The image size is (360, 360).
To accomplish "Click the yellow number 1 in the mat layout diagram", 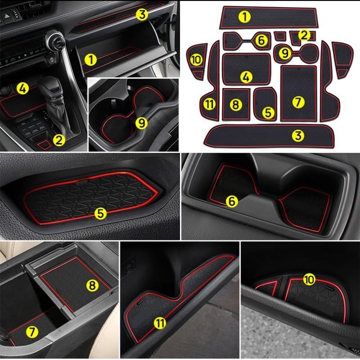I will pyautogui.click(x=245, y=17).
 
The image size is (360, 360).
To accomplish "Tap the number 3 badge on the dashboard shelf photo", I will pyautogui.click(x=142, y=15).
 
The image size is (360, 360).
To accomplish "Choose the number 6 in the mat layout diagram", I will pyautogui.click(x=261, y=40).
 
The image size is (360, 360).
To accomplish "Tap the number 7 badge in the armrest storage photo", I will pyautogui.click(x=32, y=332).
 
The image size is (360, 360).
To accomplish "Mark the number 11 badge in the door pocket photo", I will pyautogui.click(x=158, y=322).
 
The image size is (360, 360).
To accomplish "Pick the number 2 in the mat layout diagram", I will pyautogui.click(x=304, y=35).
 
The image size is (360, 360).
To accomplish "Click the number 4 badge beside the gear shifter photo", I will pyautogui.click(x=23, y=88).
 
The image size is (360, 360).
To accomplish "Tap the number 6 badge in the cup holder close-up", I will pyautogui.click(x=231, y=202).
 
